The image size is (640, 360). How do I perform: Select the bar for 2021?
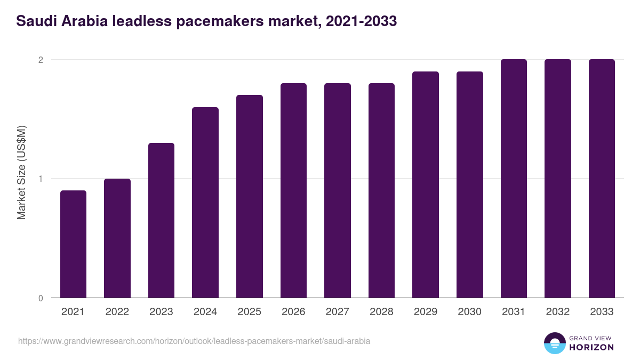[73, 244]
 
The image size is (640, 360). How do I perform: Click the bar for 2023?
[161, 220]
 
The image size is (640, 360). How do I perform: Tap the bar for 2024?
[205, 202]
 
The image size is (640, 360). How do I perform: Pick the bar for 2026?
[293, 190]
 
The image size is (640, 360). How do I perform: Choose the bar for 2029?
[426, 185]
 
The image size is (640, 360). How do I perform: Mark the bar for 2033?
[602, 179]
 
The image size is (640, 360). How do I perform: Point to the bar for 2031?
[514, 179]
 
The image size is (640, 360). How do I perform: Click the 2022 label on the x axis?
[117, 312]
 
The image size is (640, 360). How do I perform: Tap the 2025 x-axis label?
[249, 312]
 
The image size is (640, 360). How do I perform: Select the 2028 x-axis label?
[381, 312]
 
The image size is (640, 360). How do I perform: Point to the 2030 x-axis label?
[469, 312]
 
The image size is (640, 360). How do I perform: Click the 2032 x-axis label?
[557, 312]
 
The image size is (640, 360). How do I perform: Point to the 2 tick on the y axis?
[40, 60]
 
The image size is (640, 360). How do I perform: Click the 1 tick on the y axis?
[40, 179]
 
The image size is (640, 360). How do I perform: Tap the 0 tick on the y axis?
[40, 298]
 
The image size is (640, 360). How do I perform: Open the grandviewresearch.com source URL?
[194, 341]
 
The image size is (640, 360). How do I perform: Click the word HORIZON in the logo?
[591, 347]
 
